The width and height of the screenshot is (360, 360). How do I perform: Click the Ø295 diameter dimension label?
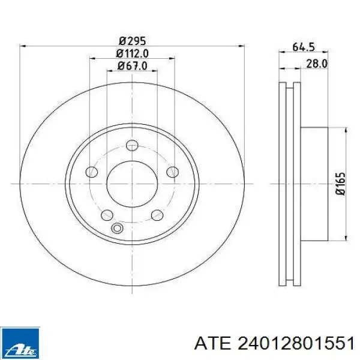pos(133,41)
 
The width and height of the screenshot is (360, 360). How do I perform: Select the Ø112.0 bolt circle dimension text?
pos(132,54)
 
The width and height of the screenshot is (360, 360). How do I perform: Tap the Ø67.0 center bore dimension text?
pos(133,66)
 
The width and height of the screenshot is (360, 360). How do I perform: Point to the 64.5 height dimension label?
pos(303,47)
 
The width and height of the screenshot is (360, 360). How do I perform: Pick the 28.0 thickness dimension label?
pos(317,64)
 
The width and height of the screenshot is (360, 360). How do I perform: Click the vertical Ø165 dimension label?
pos(340,184)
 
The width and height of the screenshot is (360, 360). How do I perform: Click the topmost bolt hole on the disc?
pos(132,145)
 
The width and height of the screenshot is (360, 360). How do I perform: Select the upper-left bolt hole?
pos(92,172)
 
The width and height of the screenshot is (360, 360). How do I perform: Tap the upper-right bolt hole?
pos(173,172)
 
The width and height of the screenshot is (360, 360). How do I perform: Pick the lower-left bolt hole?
pos(107,215)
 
